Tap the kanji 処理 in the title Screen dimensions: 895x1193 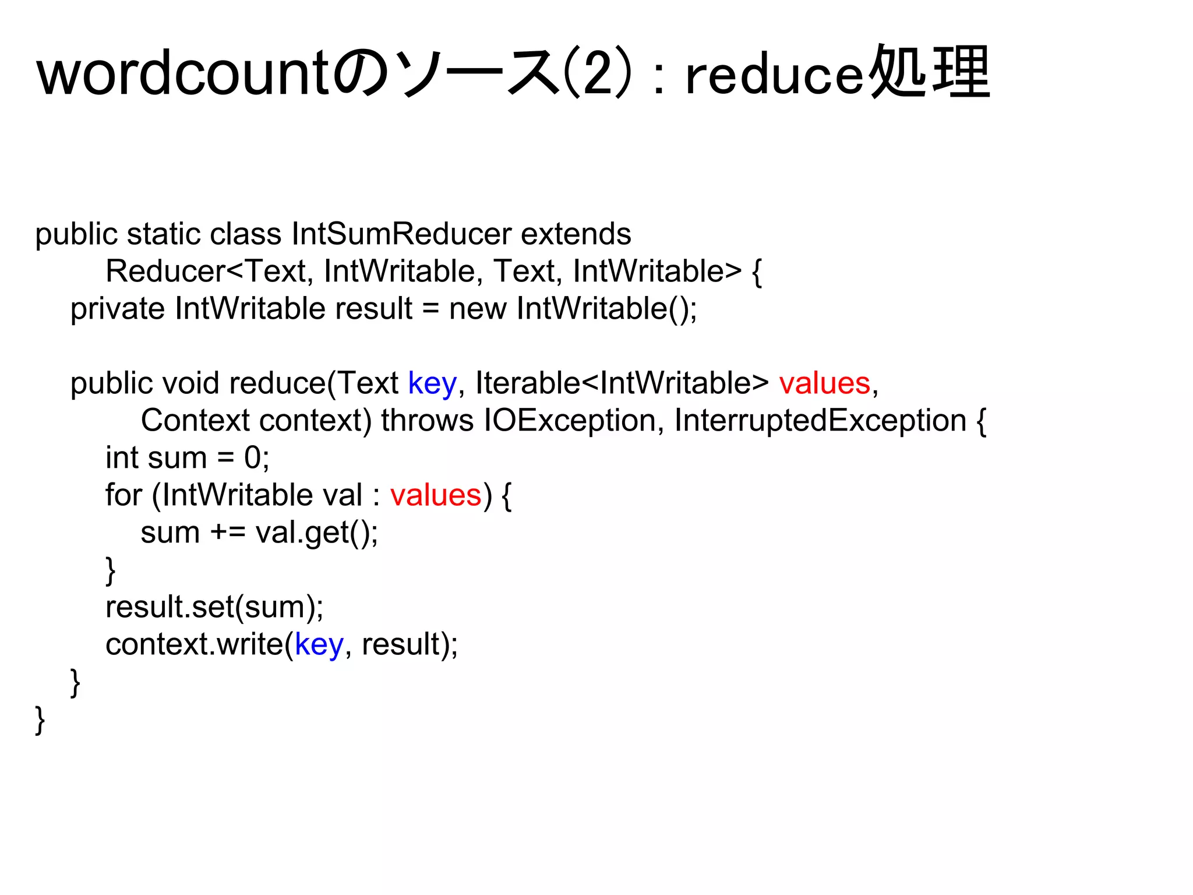[930, 72]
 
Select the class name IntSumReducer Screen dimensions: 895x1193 [401, 234]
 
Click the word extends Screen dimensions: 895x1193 [576, 234]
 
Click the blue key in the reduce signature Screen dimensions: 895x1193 [432, 383]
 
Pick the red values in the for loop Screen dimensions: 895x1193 [436, 495]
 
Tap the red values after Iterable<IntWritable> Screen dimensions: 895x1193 [824, 383]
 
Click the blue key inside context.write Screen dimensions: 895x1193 [319, 644]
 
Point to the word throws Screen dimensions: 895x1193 [428, 421]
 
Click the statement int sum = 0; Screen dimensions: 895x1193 [187, 458]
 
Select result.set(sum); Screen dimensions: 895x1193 [214, 607]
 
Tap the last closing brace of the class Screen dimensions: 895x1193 [40, 720]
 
